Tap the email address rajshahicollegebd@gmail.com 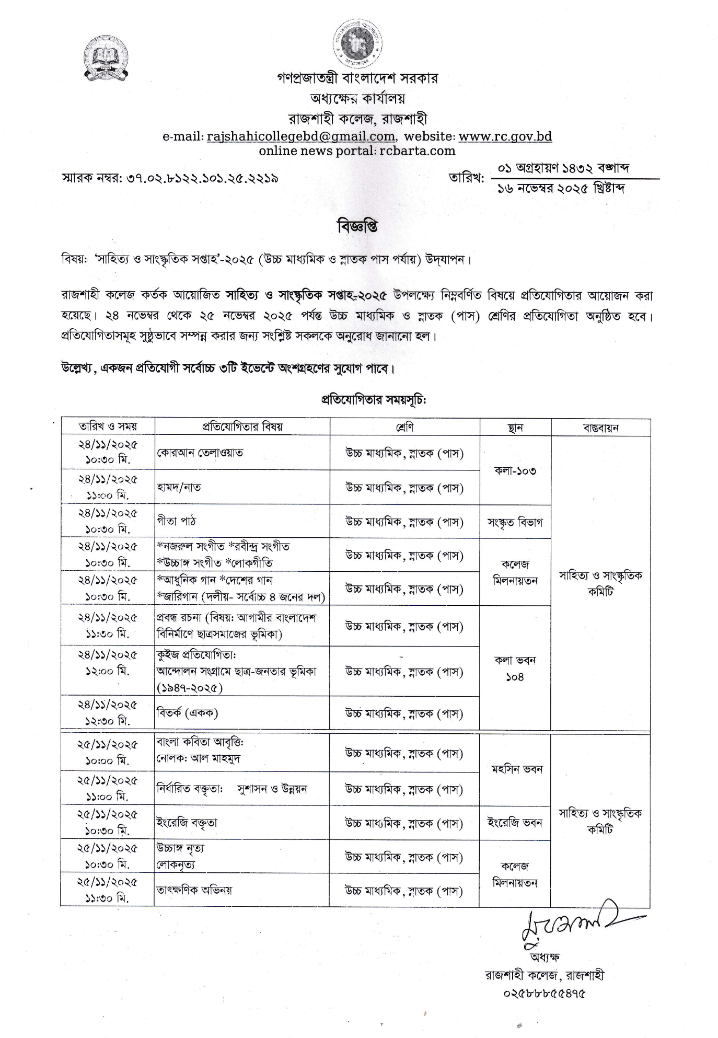tap(300, 136)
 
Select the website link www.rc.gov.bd tap(505, 136)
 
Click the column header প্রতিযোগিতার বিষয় tap(242, 426)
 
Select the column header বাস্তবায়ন tap(600, 428)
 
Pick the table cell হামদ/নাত tap(179, 487)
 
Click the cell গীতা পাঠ tap(177, 521)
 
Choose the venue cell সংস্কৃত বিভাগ tap(515, 522)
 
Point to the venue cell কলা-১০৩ tap(515, 470)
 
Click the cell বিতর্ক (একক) tap(187, 712)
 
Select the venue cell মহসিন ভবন tap(516, 769)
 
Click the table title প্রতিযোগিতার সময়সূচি tap(374, 400)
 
